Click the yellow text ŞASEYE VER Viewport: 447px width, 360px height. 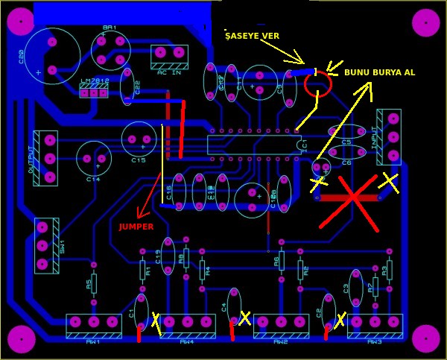pos(253,36)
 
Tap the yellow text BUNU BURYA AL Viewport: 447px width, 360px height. pos(379,72)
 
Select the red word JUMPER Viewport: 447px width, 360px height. pos(136,227)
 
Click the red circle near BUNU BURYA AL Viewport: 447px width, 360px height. pos(318,83)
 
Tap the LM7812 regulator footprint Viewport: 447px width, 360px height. pos(94,90)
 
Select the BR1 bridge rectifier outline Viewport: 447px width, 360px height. pos(111,50)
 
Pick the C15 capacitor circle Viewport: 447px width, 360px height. pos(139,139)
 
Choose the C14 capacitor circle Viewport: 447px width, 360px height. pos(94,159)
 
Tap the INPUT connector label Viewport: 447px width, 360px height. pos(374,137)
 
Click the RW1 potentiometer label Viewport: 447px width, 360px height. pos(93,342)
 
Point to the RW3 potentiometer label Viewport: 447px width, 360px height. pos(375,342)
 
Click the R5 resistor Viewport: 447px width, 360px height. pos(93,283)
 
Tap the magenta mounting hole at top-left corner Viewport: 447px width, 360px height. pos(21,22)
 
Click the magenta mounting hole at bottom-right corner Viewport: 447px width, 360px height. pos(426,338)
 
